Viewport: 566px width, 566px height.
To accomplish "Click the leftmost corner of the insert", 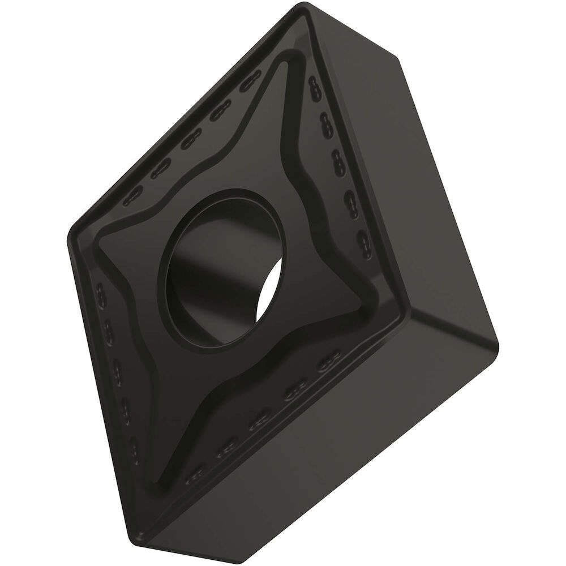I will pos(69,238).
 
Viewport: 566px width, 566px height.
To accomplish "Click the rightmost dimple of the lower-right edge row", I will pos(327,363).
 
